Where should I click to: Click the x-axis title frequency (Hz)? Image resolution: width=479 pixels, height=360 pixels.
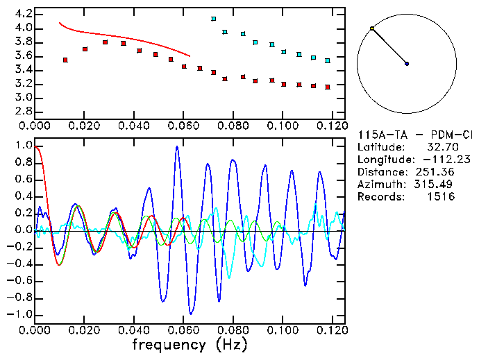(x=190, y=344)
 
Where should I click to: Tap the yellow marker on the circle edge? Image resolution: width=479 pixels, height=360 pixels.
(x=372, y=28)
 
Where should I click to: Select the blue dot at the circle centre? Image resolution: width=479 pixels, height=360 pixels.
(x=407, y=64)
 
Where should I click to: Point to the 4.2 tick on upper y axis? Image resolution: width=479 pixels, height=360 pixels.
(x=22, y=14)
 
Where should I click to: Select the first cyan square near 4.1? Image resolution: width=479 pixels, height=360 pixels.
(x=214, y=19)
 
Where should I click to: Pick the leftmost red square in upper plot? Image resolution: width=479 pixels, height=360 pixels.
(x=65, y=60)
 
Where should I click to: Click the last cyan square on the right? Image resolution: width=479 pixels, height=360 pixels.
(x=327, y=61)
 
